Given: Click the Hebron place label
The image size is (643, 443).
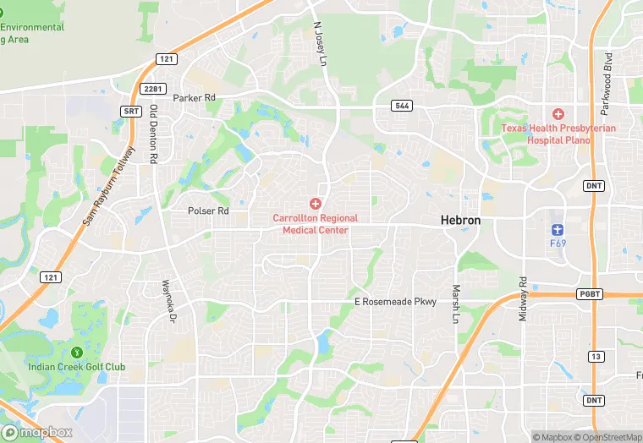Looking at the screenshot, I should point(460,220).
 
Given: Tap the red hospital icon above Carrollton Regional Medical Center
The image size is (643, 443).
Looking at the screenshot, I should point(315,204).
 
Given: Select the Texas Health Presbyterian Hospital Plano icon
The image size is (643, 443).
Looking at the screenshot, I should point(558,114).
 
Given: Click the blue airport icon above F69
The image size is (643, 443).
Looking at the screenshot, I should point(557,229).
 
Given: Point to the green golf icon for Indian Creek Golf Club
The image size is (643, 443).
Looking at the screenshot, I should point(76,353).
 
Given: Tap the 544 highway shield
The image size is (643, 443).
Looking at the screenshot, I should point(402,106).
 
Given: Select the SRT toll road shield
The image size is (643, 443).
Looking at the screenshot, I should point(130,111).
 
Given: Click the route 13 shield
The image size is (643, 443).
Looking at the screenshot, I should point(596,357).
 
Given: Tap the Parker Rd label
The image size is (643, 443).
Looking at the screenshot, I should point(194,98).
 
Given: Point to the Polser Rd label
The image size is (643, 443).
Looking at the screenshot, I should point(208,211).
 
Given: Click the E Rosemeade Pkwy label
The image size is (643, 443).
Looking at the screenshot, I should point(395,302).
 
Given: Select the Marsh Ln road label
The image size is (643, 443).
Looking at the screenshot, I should point(455,303).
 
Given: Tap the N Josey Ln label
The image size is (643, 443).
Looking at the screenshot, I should point(320,43).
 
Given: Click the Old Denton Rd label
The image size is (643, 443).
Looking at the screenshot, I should point(153,134).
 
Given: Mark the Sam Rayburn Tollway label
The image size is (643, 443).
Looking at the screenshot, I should point(108,186).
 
